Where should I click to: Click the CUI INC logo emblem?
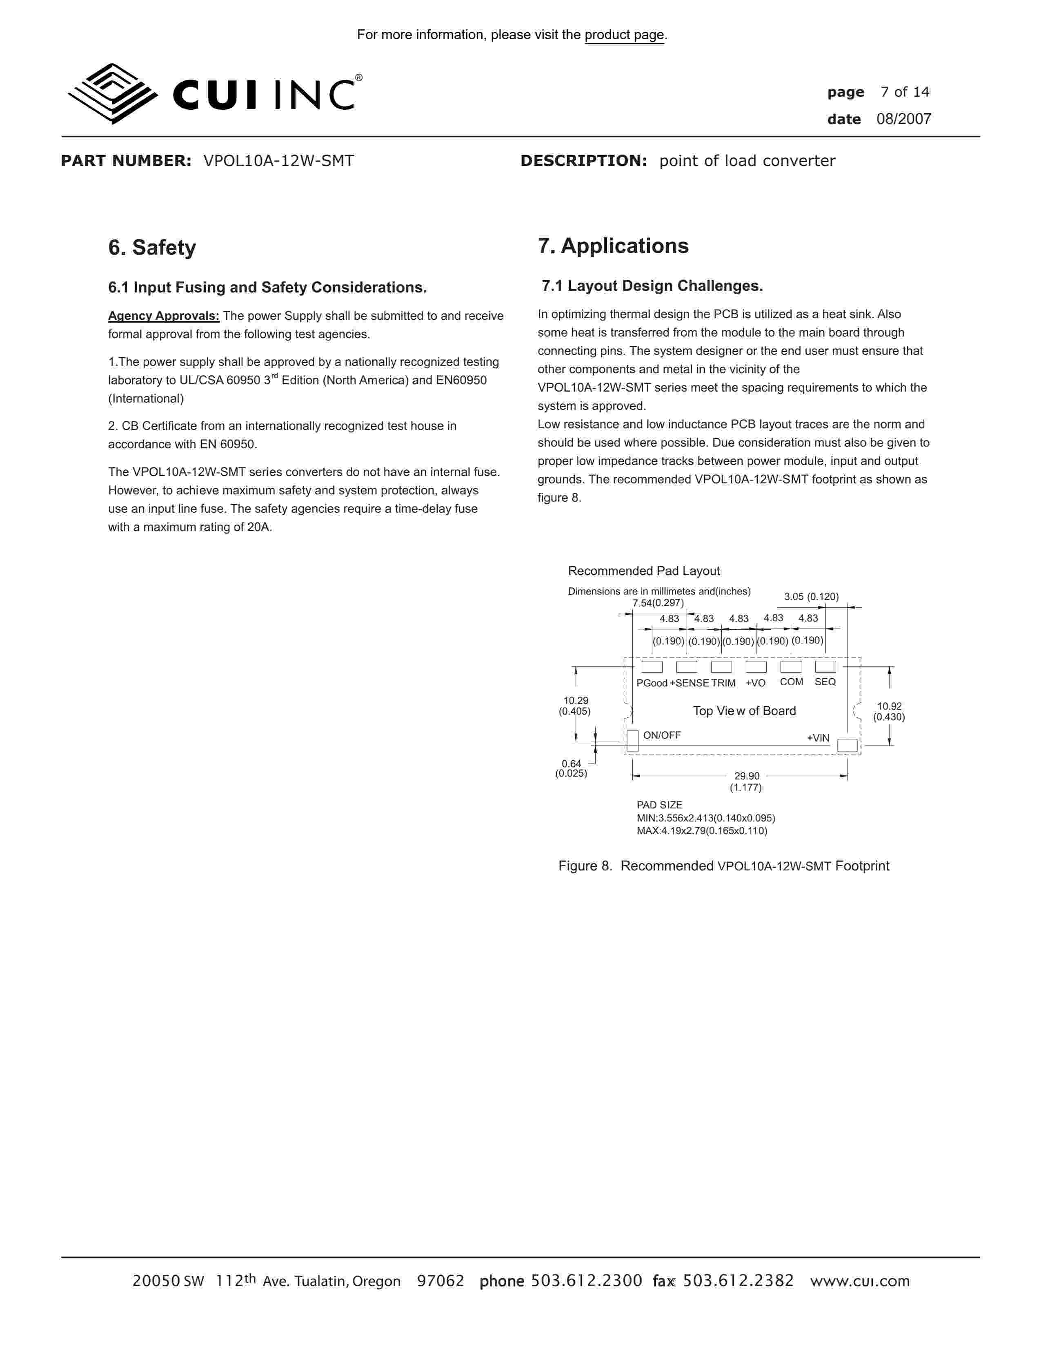111,94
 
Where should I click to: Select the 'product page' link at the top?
624,35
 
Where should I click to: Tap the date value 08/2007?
903,119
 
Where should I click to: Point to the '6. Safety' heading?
152,248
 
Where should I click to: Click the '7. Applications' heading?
613,246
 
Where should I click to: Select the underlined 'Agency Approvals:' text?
163,316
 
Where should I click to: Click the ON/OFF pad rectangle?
632,740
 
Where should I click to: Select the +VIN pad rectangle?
847,746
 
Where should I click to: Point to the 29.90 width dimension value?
746,776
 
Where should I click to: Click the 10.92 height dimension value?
889,706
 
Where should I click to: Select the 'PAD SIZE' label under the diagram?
659,805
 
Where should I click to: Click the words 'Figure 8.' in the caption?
585,866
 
